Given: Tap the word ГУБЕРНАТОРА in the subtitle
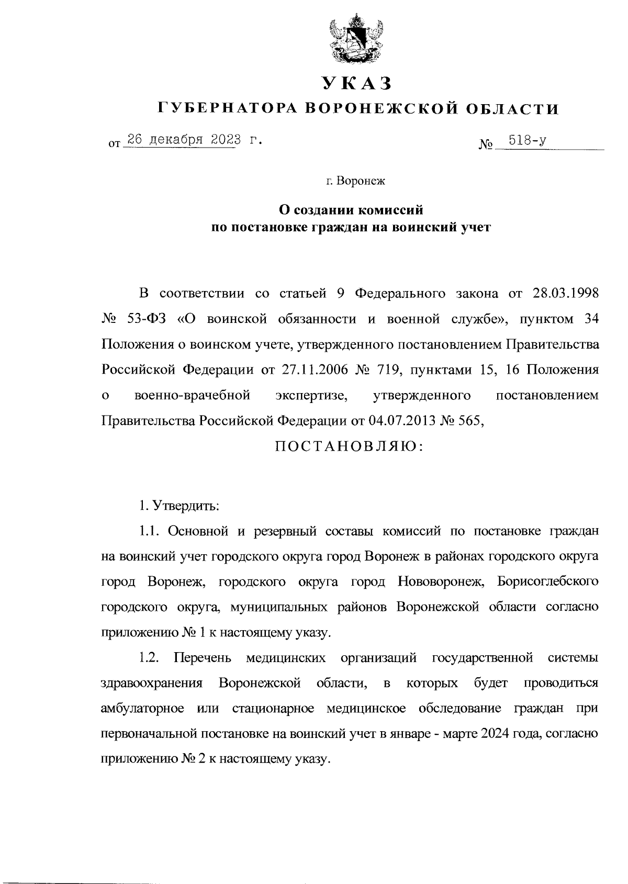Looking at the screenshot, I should tap(228, 109).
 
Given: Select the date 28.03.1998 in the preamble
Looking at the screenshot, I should tap(563, 293).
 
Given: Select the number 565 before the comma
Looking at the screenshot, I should tap(468, 421).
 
